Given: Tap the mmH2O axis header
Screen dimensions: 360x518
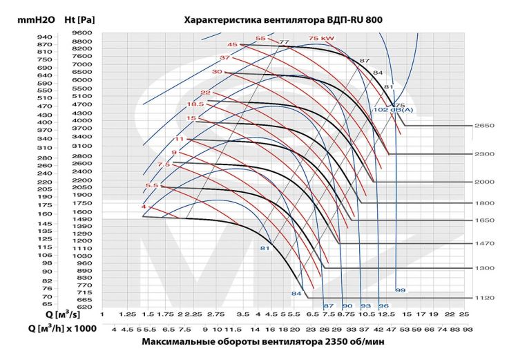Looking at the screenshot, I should [25, 20].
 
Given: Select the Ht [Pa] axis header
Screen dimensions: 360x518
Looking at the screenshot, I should [78, 20].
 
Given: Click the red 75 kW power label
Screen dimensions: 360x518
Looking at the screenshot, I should [322, 38].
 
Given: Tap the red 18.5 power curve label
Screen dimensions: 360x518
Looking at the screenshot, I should [195, 104].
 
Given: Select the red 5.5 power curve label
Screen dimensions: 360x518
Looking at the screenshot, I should [152, 185].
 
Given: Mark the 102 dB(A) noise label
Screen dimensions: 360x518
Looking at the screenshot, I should [390, 110].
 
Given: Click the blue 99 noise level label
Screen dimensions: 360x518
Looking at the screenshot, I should [400, 290].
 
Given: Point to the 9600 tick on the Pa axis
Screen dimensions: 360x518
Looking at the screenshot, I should [81, 32].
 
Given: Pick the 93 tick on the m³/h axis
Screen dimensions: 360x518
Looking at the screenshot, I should [467, 330].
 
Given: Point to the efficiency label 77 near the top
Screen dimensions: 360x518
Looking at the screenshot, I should [283, 42].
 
